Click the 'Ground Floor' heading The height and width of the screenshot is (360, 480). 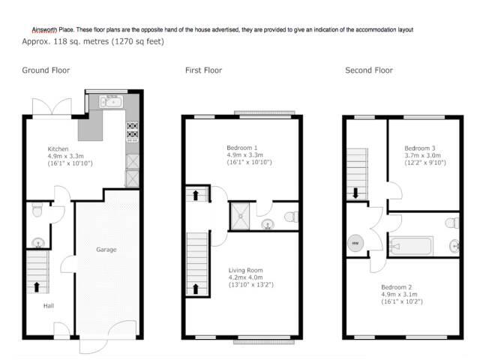(46, 70)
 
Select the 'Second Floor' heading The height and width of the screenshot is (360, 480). (368, 70)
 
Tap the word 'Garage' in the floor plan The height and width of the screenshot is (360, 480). (106, 249)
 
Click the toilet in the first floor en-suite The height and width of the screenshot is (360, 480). (290, 217)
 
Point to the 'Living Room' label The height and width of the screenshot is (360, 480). (246, 270)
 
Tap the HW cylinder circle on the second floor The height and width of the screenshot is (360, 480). (355, 243)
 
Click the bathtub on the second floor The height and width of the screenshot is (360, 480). (411, 246)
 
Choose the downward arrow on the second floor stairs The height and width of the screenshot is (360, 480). (355, 192)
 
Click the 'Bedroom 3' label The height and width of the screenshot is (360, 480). (419, 148)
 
